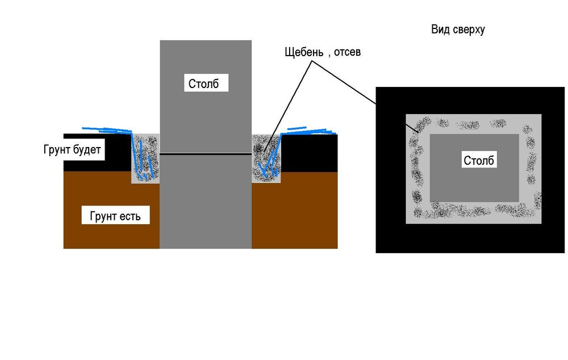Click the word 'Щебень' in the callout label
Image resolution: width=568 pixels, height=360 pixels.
coord(303,52)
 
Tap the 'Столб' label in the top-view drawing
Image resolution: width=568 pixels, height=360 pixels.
coord(479,160)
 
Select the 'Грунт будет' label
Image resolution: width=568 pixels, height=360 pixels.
coord(72,150)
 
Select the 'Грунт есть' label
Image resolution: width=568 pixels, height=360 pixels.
coord(119,216)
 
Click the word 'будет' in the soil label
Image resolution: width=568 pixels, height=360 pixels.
coord(86,150)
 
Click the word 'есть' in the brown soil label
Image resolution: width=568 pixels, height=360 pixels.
coord(136,216)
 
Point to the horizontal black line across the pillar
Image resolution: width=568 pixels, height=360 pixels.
coord(206,154)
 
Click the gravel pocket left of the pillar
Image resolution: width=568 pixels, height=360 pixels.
coord(146,159)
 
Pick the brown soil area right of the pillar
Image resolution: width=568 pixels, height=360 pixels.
coord(295,210)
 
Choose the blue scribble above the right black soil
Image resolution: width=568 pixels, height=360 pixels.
coord(310,130)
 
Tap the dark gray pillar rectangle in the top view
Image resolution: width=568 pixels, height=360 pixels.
coord(474,182)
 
